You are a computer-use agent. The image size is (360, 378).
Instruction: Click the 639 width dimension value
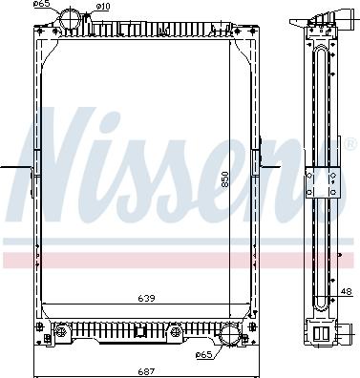pos(145,298)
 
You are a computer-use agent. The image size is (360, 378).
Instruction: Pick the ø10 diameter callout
pos(103,7)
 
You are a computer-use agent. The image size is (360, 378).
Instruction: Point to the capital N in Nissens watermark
pos(58,157)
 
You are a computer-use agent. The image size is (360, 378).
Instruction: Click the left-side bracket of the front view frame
pos(33,172)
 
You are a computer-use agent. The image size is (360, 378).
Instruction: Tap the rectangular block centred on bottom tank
pos(142,333)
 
